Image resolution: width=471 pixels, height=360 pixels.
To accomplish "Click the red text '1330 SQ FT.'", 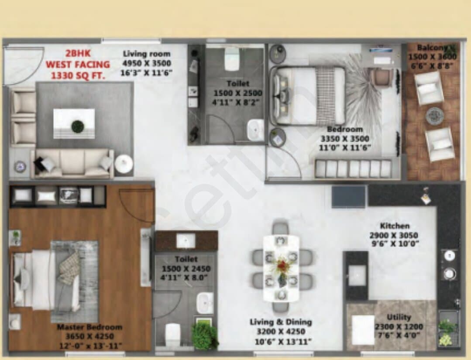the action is (78, 75).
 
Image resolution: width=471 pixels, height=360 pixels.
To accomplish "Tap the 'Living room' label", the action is (147, 54).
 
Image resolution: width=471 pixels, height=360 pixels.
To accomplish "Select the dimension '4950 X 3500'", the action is (147, 63).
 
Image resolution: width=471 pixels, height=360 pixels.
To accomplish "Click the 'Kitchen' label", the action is (395, 226).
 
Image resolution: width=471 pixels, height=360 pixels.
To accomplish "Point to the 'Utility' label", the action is (399, 317).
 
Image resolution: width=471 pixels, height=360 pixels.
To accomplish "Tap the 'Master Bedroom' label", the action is (89, 327).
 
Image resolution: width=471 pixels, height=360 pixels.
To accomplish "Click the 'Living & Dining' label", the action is (281, 322).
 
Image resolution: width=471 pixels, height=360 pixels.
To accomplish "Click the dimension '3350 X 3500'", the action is (345, 139).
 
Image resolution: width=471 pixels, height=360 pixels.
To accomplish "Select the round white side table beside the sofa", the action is (124, 164).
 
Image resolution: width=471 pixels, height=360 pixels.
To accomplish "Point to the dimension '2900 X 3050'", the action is (394, 235).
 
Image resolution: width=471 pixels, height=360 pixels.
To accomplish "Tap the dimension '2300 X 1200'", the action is (399, 326).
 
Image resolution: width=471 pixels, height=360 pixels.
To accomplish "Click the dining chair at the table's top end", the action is (281, 228).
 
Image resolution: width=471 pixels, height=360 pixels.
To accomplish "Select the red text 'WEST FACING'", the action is (78, 65).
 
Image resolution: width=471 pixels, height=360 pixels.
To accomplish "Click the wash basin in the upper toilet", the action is (255, 130).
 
